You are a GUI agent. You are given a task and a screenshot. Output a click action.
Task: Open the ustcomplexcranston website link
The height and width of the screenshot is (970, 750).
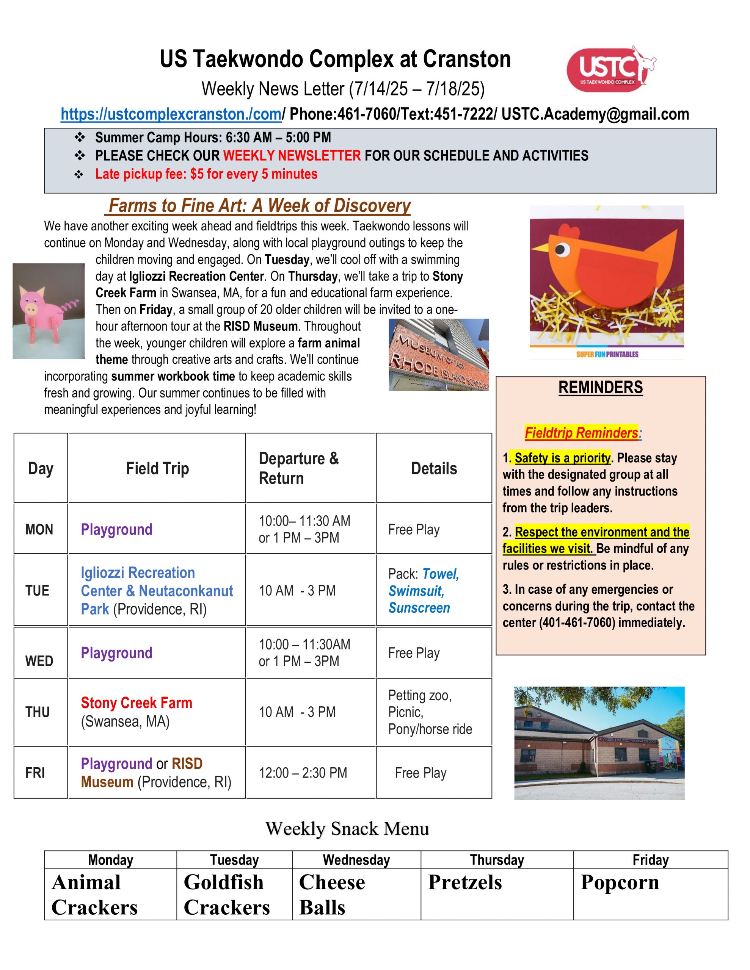[x=171, y=114]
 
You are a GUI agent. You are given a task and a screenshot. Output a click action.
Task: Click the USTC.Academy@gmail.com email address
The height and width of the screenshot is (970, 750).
[x=595, y=114]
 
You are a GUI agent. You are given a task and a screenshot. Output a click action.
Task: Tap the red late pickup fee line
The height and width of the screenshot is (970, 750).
[x=206, y=174]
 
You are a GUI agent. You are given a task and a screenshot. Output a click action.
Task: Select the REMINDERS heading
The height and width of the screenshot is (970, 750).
[x=600, y=387]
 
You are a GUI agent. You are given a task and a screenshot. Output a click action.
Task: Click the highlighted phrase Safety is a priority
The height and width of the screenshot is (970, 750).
[x=562, y=457]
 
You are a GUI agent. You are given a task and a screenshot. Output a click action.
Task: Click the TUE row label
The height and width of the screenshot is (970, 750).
[x=37, y=590]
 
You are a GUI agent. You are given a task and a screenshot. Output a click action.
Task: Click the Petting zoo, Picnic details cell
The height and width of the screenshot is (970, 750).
[x=430, y=712]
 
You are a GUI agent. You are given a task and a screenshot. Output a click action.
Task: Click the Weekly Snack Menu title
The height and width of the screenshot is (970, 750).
[x=347, y=828]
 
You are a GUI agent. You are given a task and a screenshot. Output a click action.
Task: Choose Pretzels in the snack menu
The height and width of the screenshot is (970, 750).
[x=464, y=882]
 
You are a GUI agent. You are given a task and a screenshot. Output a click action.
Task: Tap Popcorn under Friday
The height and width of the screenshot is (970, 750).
[x=620, y=882]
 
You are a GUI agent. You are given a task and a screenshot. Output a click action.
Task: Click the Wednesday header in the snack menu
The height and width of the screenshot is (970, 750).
[x=356, y=860]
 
